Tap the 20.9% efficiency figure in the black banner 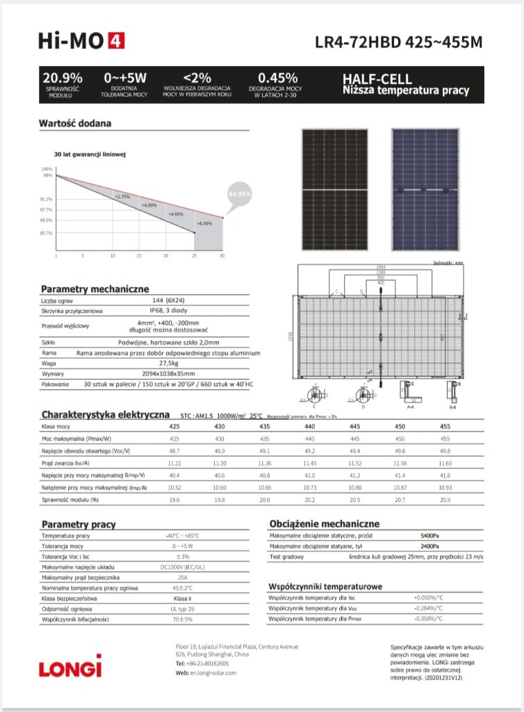63,78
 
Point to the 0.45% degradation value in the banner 277,78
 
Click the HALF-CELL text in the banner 377,79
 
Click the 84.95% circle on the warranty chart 239,194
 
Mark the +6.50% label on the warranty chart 204,223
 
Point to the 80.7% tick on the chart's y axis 47,233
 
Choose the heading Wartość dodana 74,124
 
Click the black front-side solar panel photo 335,190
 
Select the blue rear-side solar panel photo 425,190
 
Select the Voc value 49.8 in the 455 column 445,451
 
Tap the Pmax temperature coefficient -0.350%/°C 428,618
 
